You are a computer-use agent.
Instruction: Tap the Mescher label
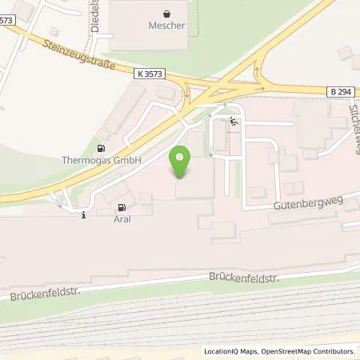coord(166,26)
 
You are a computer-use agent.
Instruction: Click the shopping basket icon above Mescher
coord(166,13)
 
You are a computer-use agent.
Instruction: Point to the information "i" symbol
coord(84,213)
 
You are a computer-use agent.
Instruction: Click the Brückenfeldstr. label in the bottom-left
coord(40,295)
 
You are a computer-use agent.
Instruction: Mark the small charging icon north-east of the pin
coord(233,122)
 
